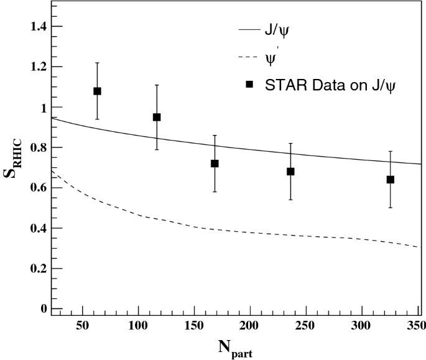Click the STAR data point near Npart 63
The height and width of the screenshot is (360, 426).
pos(97,91)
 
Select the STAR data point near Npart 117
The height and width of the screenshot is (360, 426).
pos(157,117)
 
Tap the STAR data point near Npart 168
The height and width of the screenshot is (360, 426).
pos(215,164)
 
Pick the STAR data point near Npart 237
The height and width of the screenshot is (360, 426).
pos(290,171)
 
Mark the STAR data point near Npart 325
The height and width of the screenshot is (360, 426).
pos(391,180)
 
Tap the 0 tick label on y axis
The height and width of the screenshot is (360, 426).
pos(43,309)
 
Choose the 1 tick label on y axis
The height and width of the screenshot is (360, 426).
pos(43,107)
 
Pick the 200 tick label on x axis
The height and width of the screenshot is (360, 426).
pos(249,326)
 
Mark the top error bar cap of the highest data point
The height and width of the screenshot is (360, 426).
pos(97,63)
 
